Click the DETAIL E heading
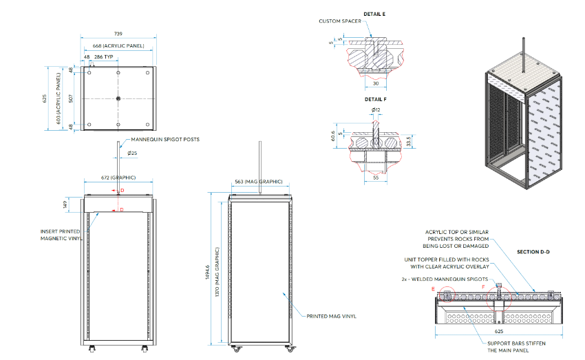374,13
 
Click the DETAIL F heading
374,99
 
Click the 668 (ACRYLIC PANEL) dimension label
119,46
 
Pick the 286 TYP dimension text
103,57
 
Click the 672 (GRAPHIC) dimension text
118,177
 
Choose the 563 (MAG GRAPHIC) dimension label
258,181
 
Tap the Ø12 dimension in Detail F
375,110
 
